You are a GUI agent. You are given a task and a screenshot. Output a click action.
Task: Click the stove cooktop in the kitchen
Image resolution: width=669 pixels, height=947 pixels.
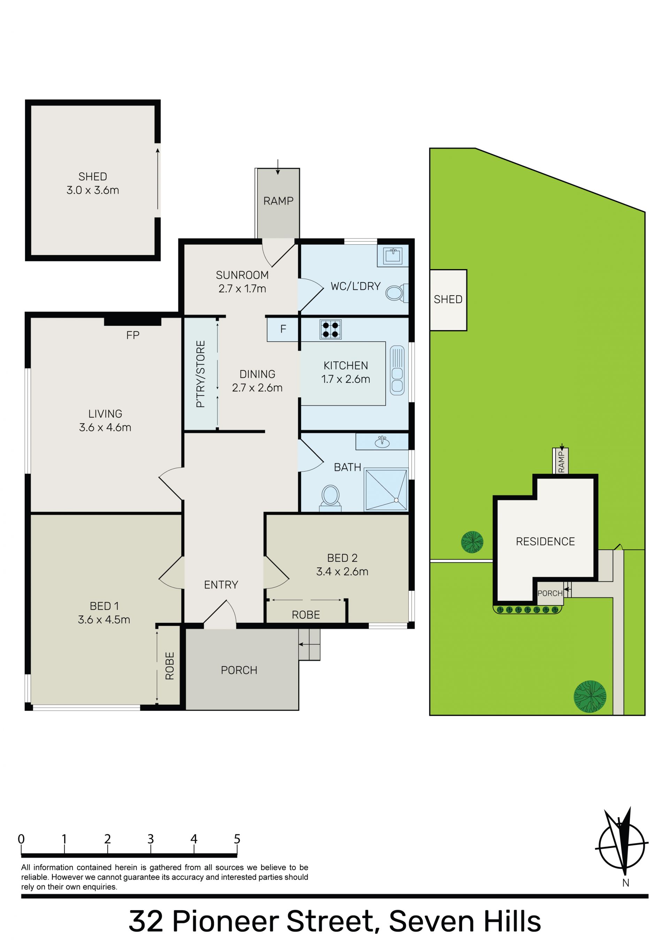330,330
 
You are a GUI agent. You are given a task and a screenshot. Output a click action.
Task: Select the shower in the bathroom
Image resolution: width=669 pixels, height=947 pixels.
386,490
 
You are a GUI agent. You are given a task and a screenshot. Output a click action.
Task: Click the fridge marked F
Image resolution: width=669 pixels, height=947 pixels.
283,329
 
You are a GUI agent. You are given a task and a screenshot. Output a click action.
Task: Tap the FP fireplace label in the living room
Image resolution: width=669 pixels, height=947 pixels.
133,335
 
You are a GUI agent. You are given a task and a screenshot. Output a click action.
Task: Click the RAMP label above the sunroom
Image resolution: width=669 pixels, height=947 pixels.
278,201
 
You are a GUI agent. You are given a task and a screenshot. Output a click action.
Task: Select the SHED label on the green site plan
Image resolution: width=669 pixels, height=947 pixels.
448,299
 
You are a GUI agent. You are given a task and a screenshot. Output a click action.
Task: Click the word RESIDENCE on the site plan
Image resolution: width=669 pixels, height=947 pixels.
545,542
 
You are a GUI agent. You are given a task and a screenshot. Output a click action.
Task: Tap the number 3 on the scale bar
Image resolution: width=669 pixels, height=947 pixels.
151,839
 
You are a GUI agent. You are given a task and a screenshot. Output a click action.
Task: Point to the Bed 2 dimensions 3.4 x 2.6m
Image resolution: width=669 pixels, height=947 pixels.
342,572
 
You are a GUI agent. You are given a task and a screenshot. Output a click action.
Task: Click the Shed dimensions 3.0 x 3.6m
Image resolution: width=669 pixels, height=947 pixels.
93,190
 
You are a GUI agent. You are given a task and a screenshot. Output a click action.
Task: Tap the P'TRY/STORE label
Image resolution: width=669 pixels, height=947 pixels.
200,374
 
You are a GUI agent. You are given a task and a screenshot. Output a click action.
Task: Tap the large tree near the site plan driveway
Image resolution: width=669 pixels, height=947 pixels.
590,697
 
